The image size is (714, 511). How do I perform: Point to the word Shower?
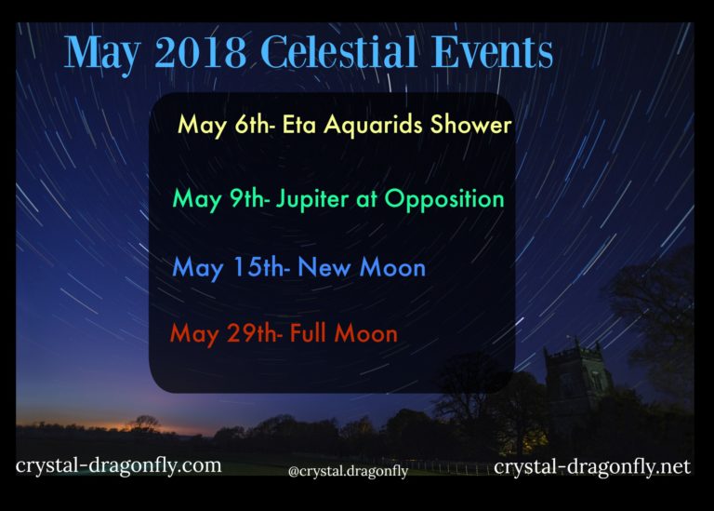pyautogui.click(x=470, y=124)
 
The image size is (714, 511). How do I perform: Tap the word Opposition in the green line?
pyautogui.click(x=444, y=200)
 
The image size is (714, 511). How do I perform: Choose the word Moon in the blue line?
pyautogui.click(x=392, y=267)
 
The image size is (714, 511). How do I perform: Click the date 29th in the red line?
pyautogui.click(x=254, y=333)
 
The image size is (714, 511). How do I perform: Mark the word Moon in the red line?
pyautogui.click(x=366, y=333)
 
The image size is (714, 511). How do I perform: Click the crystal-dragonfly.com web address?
pyautogui.click(x=118, y=466)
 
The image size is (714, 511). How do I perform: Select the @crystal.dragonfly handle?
pyautogui.click(x=348, y=471)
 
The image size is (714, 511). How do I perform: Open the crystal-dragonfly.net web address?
pyautogui.click(x=592, y=466)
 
